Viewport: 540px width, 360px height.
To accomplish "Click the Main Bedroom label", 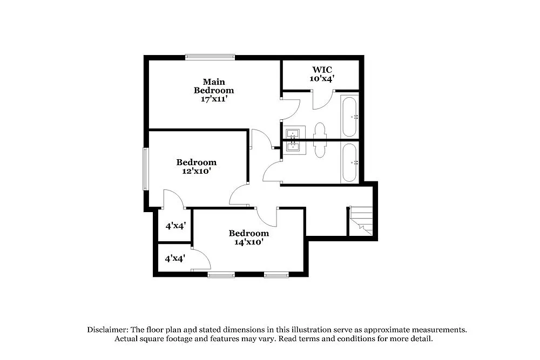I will (x=214, y=86).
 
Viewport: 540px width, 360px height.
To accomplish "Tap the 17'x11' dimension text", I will (x=214, y=99).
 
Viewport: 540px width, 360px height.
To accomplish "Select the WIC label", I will (x=322, y=70).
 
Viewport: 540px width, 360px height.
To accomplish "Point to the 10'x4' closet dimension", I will (x=322, y=78).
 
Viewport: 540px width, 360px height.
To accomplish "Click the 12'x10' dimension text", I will (x=196, y=171).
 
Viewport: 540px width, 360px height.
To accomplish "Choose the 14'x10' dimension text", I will (x=248, y=242).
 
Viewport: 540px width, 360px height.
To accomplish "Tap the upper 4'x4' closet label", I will (x=175, y=226).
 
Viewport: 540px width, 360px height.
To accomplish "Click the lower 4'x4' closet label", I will (x=175, y=258).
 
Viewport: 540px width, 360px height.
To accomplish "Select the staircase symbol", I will (x=361, y=221).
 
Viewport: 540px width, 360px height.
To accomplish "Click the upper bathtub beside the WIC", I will (x=349, y=117).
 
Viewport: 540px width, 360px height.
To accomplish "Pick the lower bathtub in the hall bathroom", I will (x=349, y=162).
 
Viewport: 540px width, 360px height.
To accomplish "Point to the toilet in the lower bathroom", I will (x=320, y=150).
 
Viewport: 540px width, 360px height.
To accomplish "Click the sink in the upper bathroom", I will (x=294, y=132).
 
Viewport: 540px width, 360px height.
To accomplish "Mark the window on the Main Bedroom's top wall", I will (x=210, y=57).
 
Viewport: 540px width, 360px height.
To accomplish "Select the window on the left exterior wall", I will (x=145, y=169).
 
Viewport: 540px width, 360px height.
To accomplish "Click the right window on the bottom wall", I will (x=276, y=275).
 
